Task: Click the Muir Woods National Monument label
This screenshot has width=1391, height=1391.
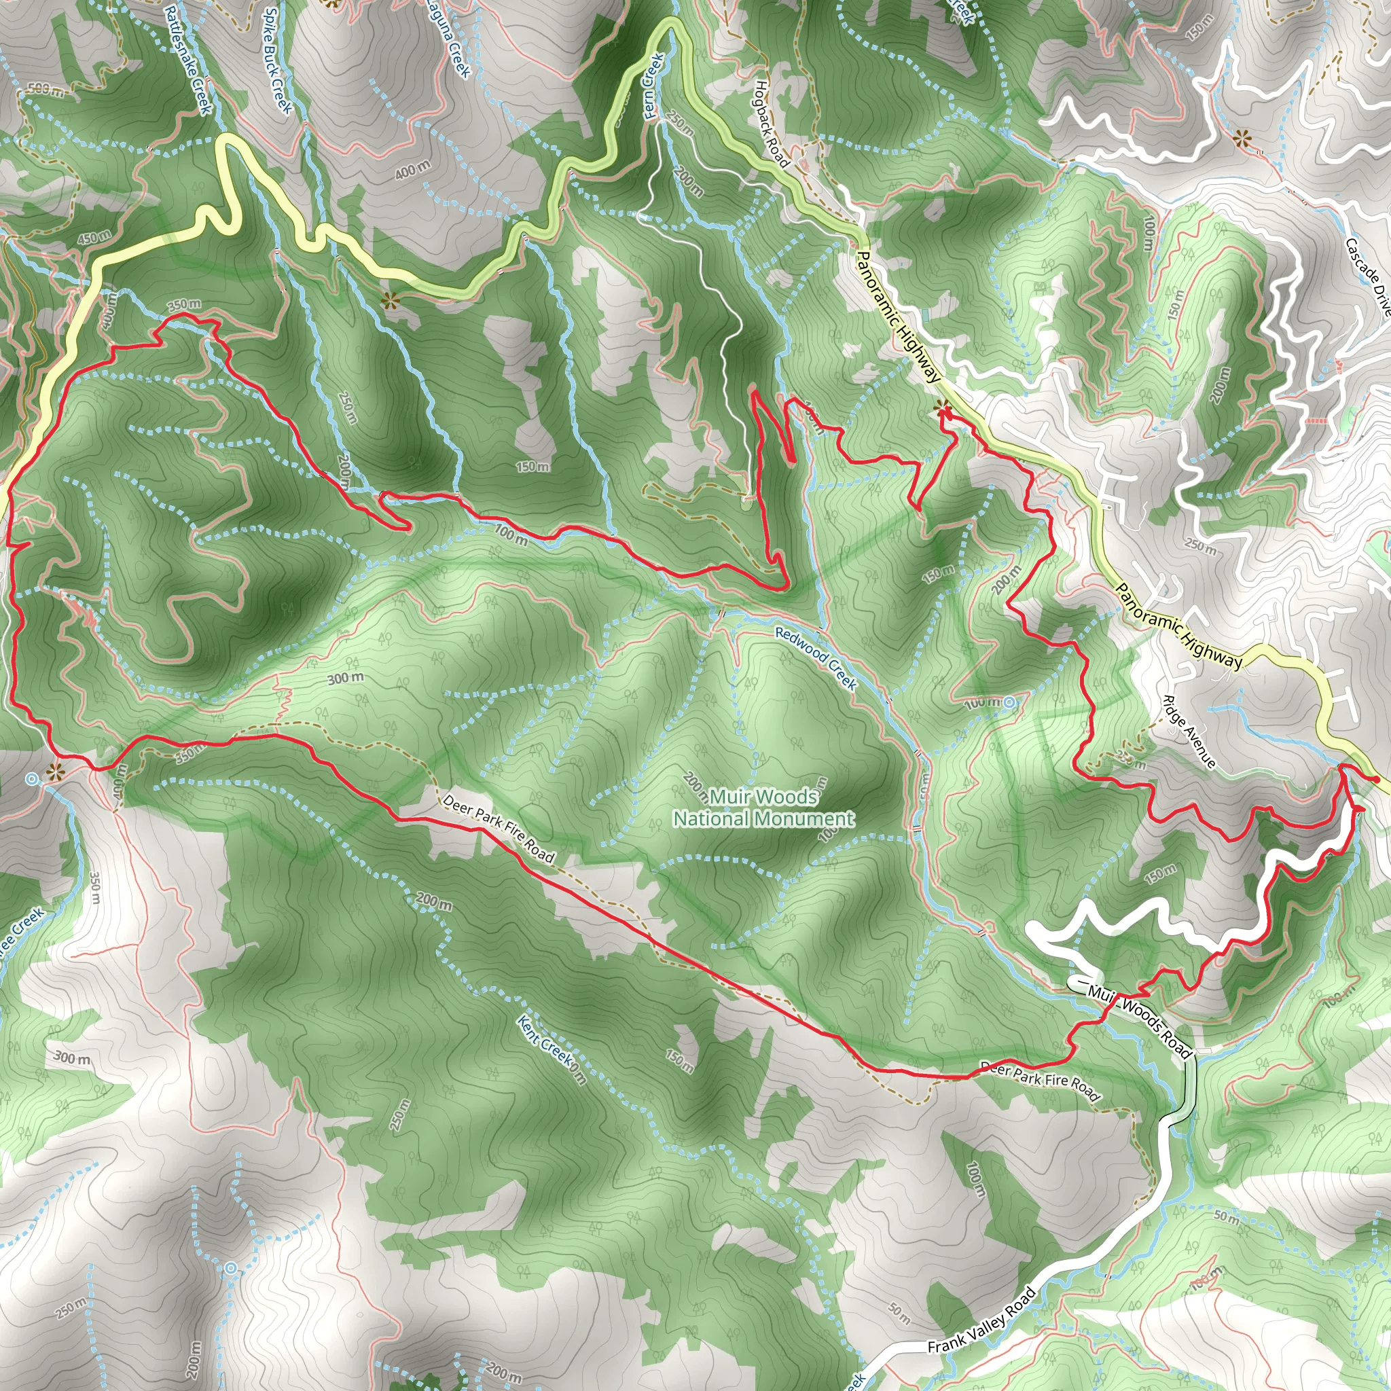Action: point(763,807)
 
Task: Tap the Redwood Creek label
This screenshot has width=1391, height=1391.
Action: point(816,658)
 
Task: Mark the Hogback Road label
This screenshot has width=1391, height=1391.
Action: point(772,123)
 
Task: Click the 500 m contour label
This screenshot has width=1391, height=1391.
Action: point(46,91)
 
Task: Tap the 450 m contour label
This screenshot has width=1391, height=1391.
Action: point(94,236)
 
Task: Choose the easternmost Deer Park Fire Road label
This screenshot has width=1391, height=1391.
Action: point(1041,1082)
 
